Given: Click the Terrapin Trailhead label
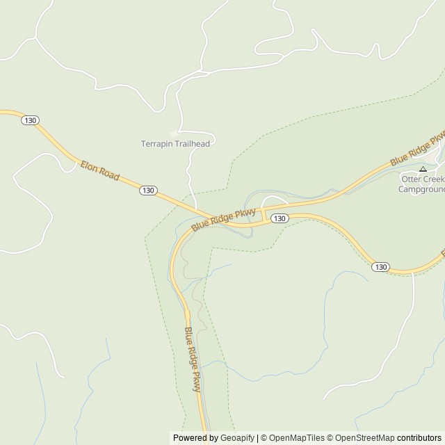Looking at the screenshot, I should point(175,144).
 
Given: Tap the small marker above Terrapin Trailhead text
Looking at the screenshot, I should point(174,133).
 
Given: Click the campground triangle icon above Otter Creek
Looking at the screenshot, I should point(423,169).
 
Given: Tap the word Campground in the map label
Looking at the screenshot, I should point(421,188).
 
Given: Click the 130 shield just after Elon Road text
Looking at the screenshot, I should point(147,190).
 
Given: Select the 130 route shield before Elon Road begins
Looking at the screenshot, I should point(29,120).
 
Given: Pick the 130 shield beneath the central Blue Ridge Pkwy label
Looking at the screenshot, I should point(278,218).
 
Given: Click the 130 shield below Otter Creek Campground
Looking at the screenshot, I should point(380,267).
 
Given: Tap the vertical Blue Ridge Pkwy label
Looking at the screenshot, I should point(193,359).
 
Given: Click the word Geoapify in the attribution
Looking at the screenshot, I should point(236,438).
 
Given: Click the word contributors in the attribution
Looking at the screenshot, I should point(419,438).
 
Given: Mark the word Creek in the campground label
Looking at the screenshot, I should point(433,179).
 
